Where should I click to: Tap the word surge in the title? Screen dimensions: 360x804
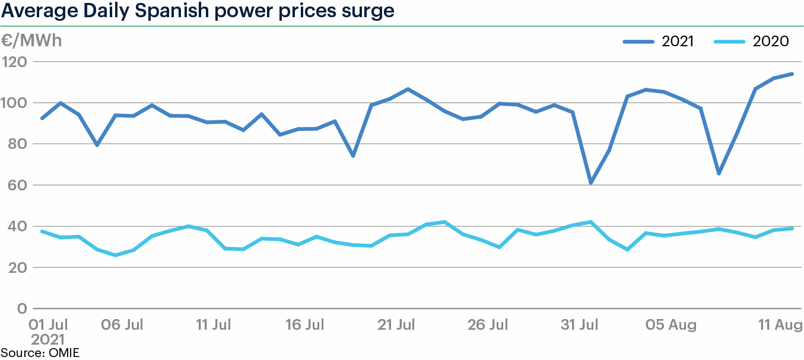tap(368, 11)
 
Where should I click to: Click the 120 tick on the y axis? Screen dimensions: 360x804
tap(17, 62)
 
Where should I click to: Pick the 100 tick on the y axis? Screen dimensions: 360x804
tap(17, 103)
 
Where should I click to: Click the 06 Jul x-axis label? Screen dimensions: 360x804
tap(123, 325)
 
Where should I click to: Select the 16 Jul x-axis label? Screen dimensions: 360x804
tap(306, 325)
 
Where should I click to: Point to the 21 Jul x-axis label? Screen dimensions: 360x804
tap(396, 325)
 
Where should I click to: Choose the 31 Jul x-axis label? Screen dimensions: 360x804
tap(580, 325)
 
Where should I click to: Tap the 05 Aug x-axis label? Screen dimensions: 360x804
tap(671, 325)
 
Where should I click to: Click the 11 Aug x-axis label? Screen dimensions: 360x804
tap(780, 325)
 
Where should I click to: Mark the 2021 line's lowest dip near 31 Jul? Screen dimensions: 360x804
tap(591, 183)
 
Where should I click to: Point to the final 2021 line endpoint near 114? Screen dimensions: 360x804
tap(792, 74)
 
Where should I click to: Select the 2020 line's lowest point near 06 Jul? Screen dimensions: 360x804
tap(116, 255)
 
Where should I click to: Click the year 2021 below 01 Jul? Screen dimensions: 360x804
tap(48, 340)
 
